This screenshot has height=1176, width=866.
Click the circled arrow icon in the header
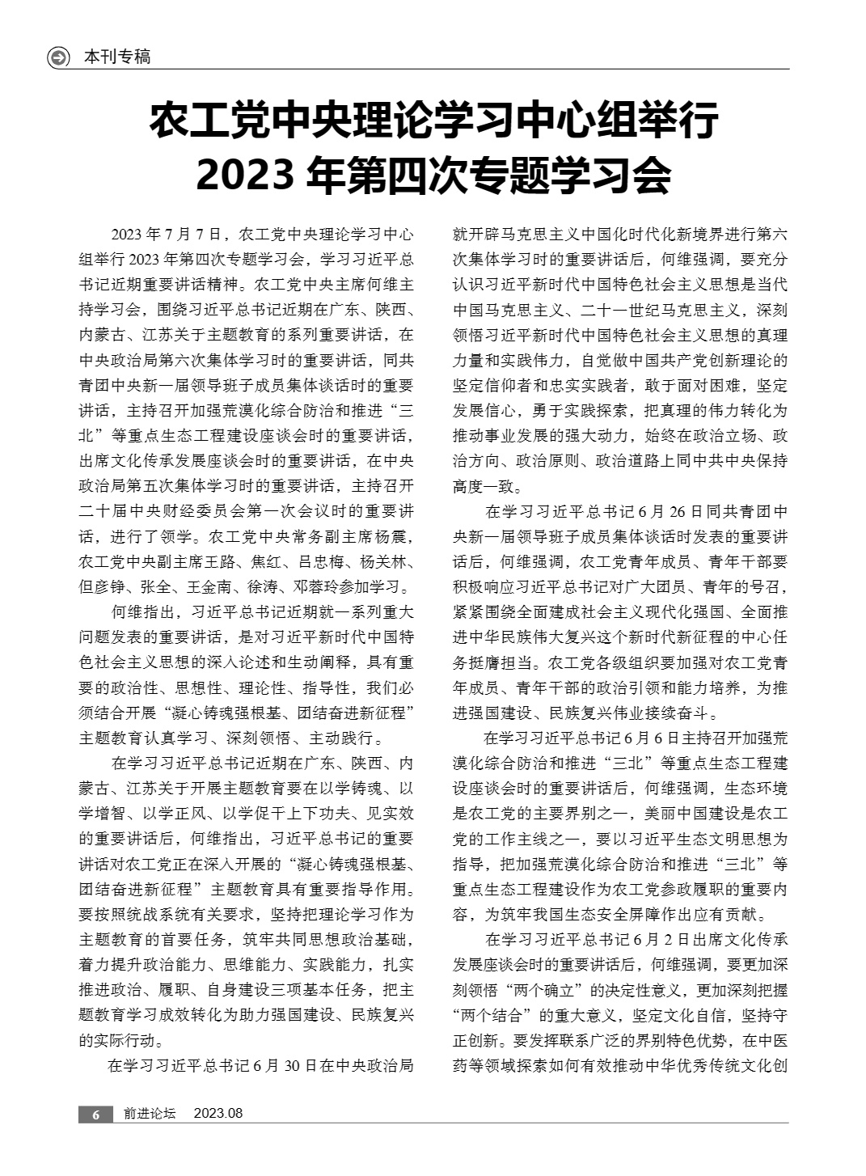coord(59,57)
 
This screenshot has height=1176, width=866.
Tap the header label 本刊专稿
coord(117,57)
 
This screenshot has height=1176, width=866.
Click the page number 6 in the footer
coord(95,1114)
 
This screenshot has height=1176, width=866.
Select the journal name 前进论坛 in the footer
coord(150,1114)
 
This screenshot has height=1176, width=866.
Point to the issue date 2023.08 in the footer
coord(218,1114)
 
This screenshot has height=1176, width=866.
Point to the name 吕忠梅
coord(310,562)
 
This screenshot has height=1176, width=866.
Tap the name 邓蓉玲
coord(353,587)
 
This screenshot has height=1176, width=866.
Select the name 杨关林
coord(389,562)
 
